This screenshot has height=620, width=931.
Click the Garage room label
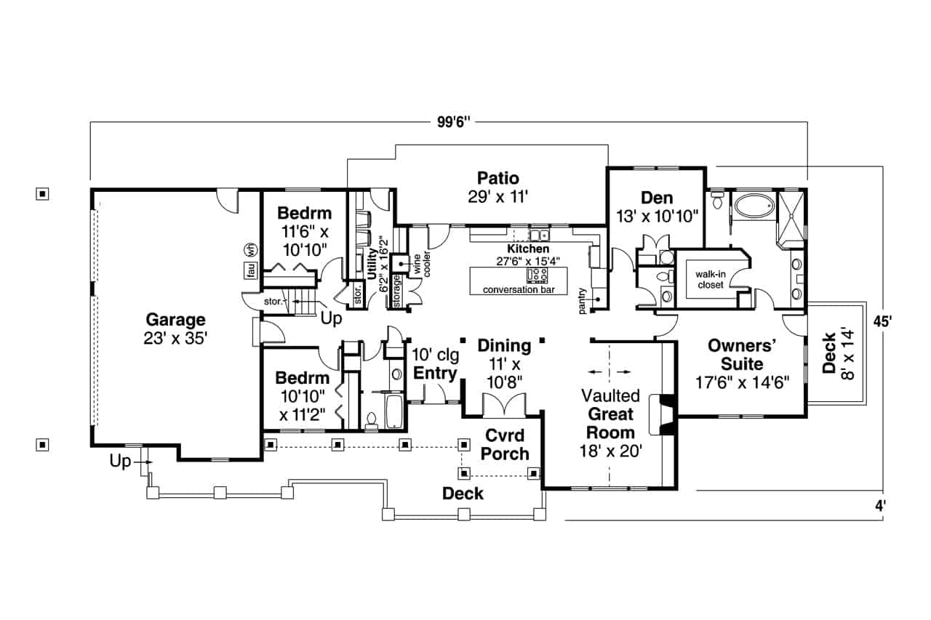(x=175, y=329)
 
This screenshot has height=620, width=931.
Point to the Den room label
(x=656, y=206)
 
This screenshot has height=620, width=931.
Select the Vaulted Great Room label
(x=611, y=424)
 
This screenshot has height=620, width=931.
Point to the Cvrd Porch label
(x=507, y=444)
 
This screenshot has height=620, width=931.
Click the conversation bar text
(x=519, y=290)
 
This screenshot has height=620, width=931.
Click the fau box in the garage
(x=250, y=270)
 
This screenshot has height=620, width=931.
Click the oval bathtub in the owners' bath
(x=754, y=206)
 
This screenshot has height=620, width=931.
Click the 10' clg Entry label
(x=435, y=365)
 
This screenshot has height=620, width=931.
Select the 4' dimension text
(x=881, y=506)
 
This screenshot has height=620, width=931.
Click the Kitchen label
(x=528, y=249)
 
